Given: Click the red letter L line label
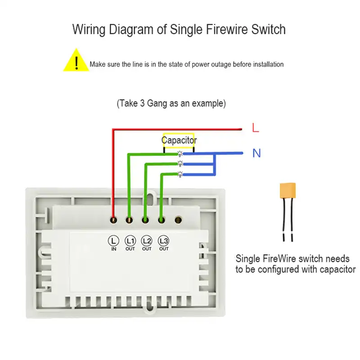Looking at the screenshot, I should coord(256,128).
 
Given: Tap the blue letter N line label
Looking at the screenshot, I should coord(256,153).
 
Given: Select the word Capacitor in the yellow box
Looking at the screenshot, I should coord(179,140).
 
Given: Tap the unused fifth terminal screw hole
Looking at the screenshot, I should coord(178,220).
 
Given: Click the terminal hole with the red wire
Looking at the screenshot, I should coord(113,220).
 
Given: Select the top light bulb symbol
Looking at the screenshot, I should coord(180,153).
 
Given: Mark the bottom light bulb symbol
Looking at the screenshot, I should coord(180,174).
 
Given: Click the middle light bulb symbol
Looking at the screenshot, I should coord(180,163).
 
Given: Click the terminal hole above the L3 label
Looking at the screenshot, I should coord(161,220).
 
